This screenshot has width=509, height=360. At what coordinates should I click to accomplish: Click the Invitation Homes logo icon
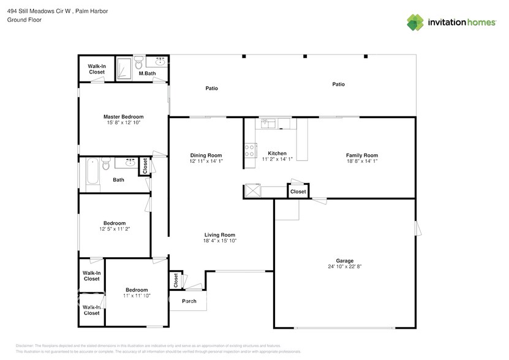point(415,22)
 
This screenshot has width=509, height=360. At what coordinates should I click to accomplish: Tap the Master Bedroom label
point(123,117)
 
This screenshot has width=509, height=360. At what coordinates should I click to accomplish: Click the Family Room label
point(362,156)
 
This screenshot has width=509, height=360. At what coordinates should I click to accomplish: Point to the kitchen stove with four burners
point(250,151)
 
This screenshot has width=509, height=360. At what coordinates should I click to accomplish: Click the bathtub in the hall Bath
point(91,171)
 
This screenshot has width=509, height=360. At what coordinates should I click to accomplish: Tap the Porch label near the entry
point(189,301)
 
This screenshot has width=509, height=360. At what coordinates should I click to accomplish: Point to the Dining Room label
point(206,156)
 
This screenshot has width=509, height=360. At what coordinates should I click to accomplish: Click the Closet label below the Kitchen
point(298,192)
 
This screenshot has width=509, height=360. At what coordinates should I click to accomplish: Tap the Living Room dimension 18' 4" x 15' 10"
point(220,241)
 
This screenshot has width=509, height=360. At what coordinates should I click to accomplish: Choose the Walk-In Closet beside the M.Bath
point(96,69)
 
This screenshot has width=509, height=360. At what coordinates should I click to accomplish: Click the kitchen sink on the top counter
point(268,124)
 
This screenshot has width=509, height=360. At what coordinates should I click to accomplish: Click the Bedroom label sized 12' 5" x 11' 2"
point(115,223)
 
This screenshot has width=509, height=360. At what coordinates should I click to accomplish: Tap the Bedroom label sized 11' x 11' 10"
point(137,290)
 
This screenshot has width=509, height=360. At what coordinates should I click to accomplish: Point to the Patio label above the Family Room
point(338,84)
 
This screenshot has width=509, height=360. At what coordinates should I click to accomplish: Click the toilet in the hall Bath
point(106,165)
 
